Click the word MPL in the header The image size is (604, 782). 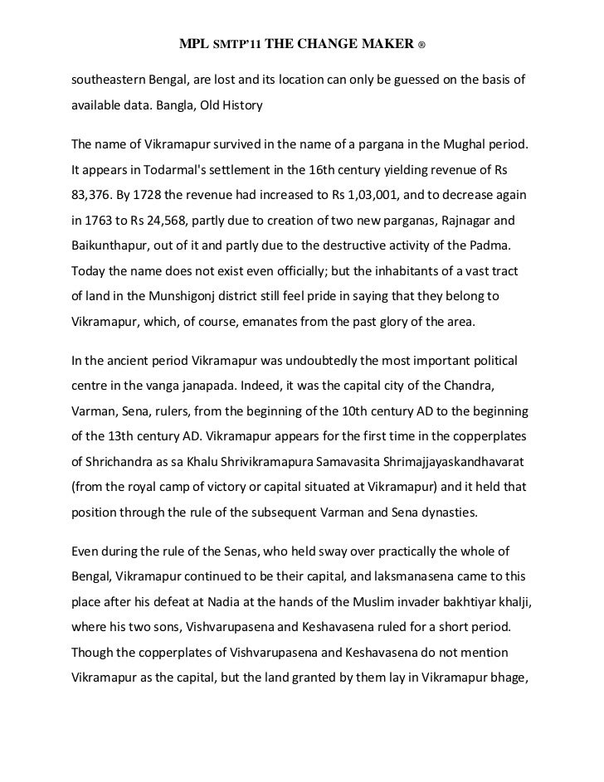(x=192, y=42)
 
